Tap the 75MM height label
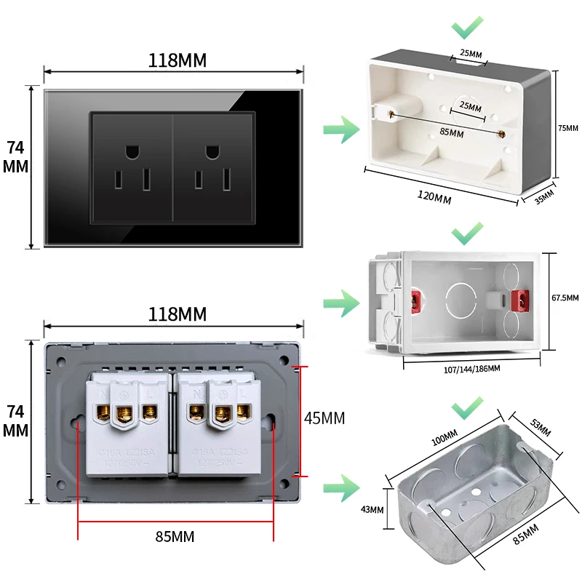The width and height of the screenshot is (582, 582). point(567,128)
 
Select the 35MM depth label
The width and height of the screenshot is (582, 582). point(544,196)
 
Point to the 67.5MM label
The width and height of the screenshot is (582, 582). point(565,298)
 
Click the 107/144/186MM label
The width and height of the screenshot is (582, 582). point(471,369)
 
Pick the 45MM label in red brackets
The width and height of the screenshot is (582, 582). point(324,418)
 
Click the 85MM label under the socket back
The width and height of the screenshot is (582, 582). point(175,537)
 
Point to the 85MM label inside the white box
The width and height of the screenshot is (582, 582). point(451,132)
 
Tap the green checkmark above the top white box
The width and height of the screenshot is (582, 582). point(467,29)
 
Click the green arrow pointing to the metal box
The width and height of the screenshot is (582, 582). point(340,485)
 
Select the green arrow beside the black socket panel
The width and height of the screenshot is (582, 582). point(340,131)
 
